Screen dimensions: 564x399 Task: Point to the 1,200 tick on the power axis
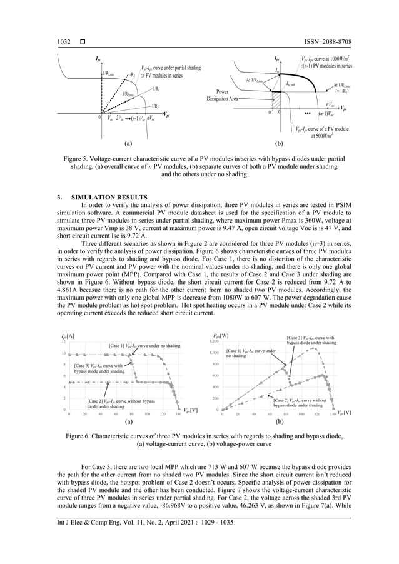coord(213,342)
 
